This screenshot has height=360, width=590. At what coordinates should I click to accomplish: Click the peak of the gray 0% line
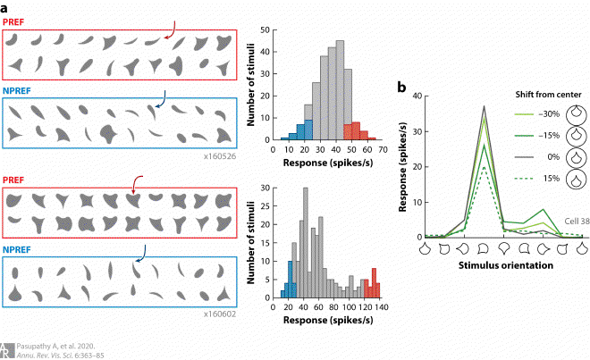pos(484,106)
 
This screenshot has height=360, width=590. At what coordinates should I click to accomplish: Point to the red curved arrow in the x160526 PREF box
pos(171,33)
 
